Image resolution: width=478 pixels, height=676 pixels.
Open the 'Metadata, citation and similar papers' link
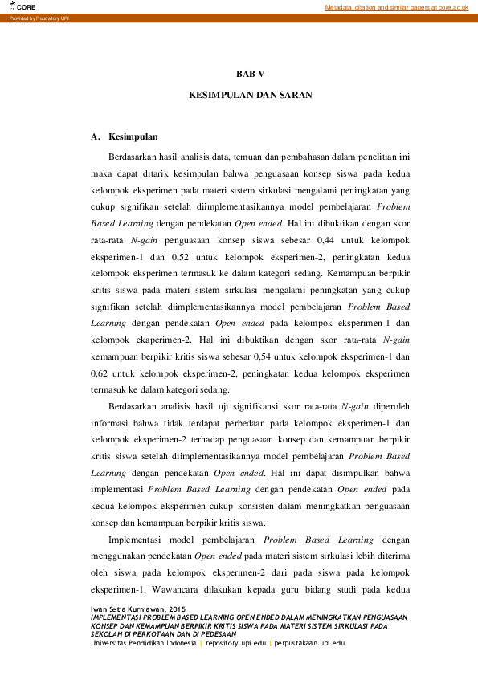tap(396, 7)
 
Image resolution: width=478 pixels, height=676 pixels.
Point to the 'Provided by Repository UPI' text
tap(39, 18)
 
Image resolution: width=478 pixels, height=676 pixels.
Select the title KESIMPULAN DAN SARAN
tap(250, 95)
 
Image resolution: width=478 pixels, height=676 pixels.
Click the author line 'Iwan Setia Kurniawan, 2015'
tap(137, 609)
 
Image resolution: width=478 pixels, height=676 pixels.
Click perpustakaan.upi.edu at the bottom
tap(310, 643)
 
